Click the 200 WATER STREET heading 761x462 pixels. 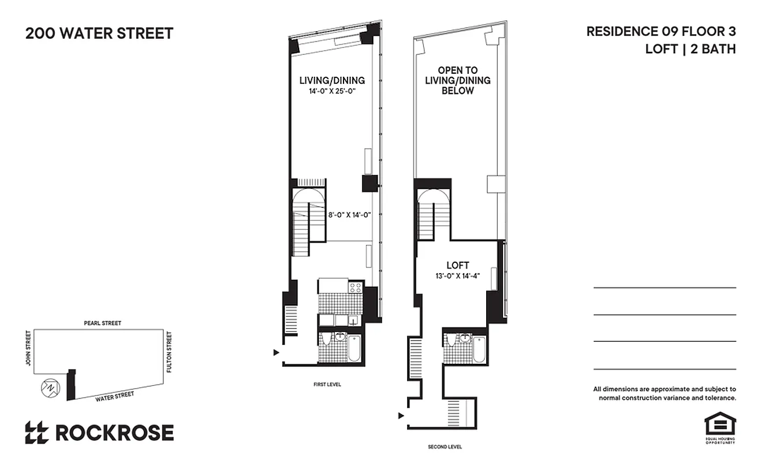click(99, 33)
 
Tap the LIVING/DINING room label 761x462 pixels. click(331, 80)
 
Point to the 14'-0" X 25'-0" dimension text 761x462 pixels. click(331, 91)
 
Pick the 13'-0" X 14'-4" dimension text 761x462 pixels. click(458, 275)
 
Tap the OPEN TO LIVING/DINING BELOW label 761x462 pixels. click(458, 80)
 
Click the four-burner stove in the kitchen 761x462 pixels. click(355, 286)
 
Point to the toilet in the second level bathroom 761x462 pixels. click(450, 340)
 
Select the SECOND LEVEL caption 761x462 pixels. click(445, 447)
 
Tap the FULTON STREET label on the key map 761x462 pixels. click(169, 351)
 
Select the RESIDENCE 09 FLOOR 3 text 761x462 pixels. click(661, 31)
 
